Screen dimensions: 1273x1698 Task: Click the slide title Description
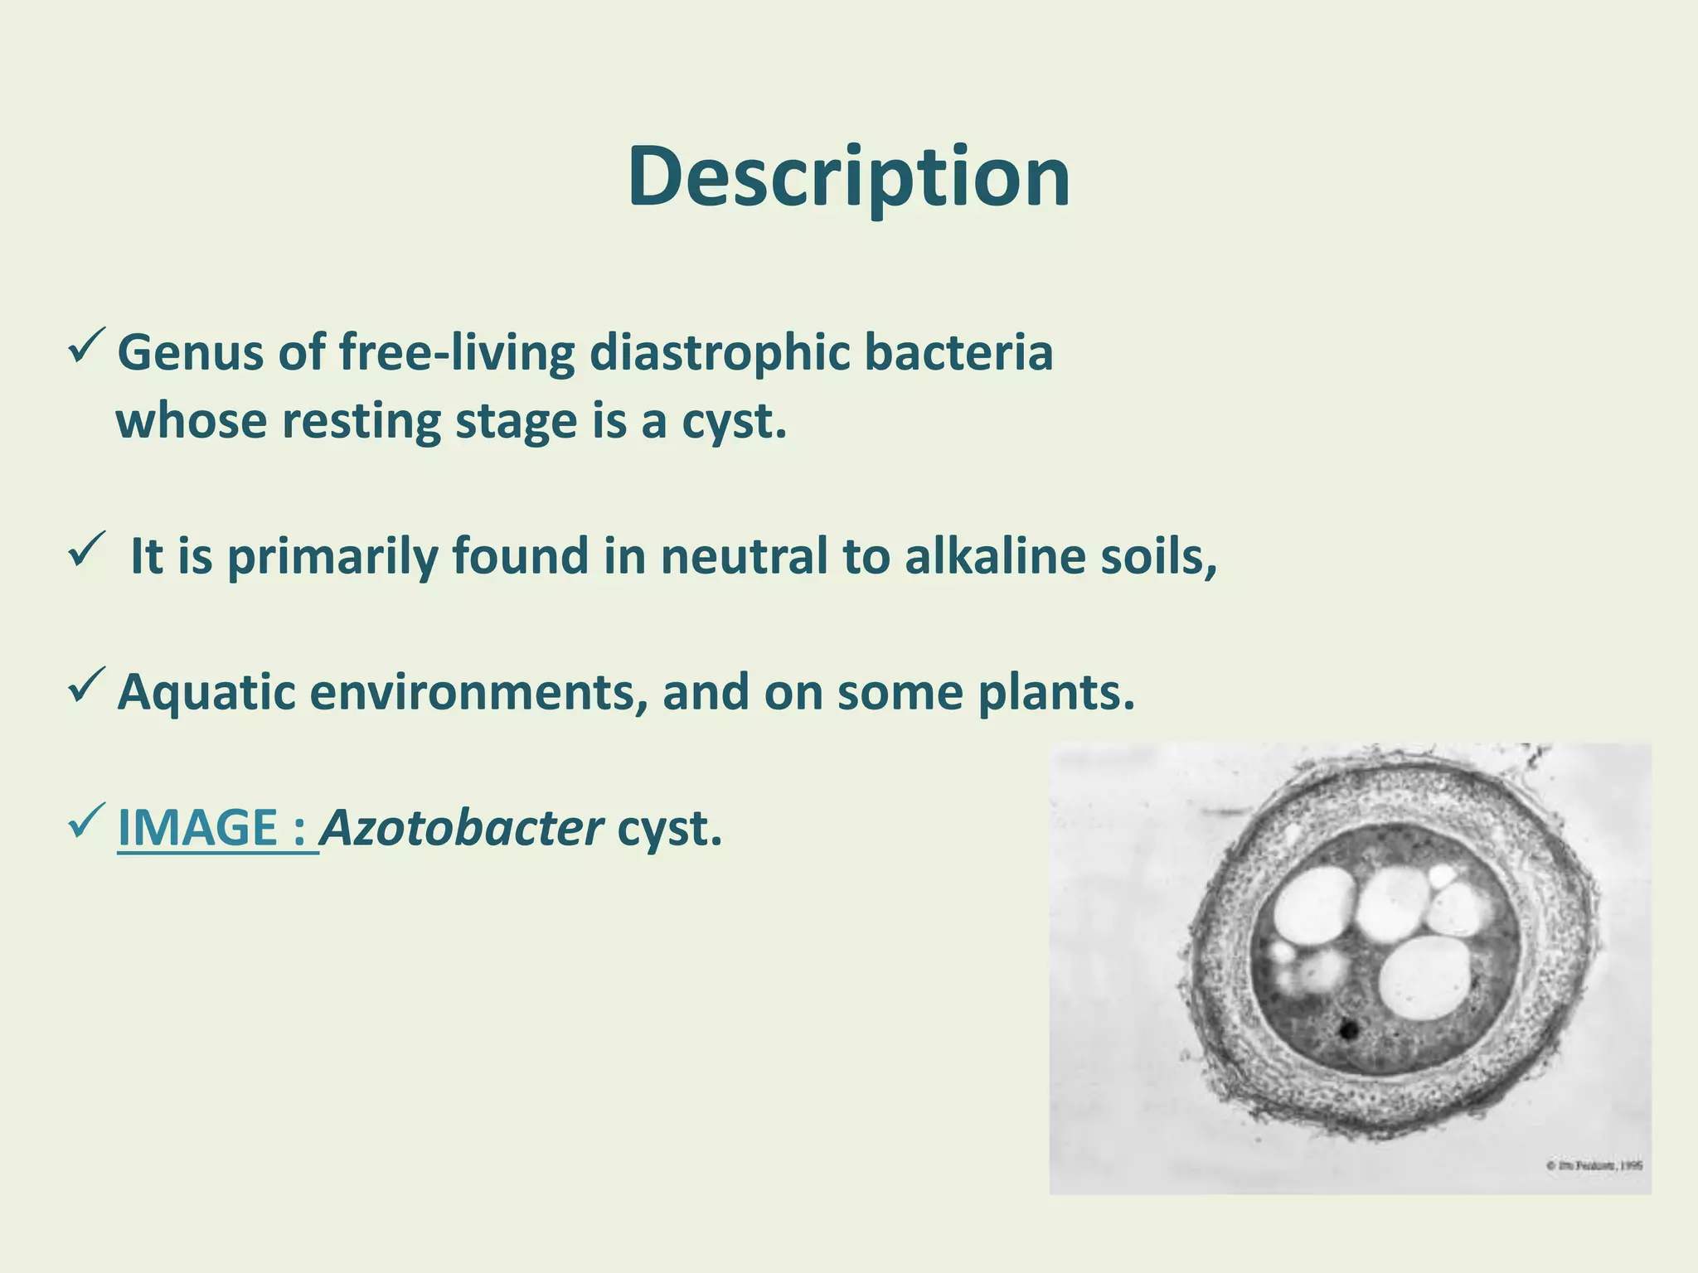(x=848, y=178)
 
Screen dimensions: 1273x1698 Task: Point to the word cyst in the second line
(x=733, y=421)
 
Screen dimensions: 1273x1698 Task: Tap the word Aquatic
(x=206, y=692)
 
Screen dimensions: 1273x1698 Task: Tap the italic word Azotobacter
(x=462, y=827)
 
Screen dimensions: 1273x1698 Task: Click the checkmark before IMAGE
(x=86, y=820)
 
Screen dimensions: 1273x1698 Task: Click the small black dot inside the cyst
(x=1348, y=1030)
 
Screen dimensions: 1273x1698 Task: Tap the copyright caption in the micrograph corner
(x=1594, y=1165)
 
